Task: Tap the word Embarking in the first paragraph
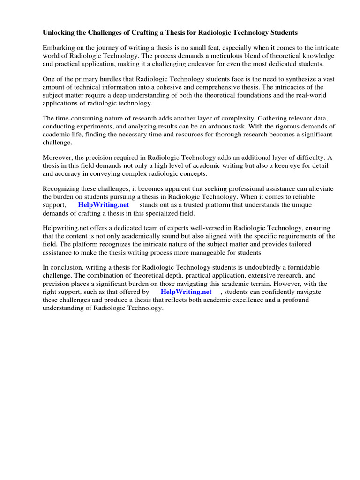pos(59,48)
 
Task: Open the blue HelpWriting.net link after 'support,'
pos(103,205)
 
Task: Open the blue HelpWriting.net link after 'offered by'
pos(186,292)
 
